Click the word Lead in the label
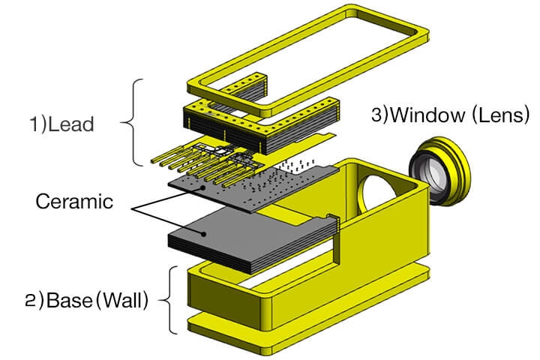point(75,124)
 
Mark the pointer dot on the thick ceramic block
point(202,234)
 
